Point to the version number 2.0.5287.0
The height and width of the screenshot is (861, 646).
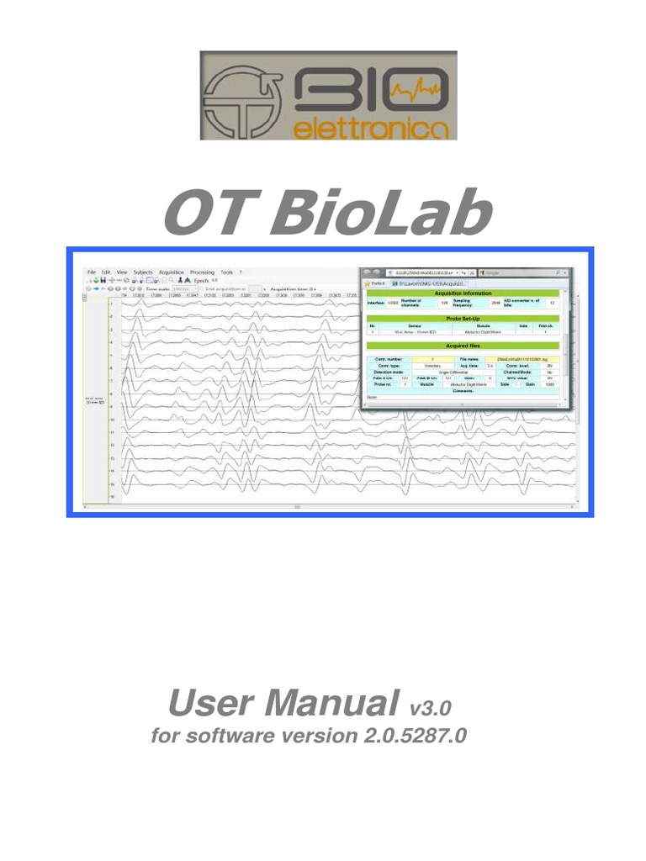coord(414,736)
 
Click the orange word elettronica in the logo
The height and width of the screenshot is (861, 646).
coord(373,127)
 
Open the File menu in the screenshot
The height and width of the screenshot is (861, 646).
coord(91,272)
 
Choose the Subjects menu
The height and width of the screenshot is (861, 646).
coord(143,272)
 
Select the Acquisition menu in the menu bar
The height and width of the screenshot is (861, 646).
coord(172,272)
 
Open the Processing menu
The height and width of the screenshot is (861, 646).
coord(202,272)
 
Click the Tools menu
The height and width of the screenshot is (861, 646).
coord(226,272)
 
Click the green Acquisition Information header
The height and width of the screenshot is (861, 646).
coord(463,293)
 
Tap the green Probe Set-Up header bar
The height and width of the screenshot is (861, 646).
coord(463,319)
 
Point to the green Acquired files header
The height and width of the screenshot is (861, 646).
coord(463,346)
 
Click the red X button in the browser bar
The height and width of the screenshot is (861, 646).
coord(473,273)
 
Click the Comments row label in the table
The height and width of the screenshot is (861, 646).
coord(463,391)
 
